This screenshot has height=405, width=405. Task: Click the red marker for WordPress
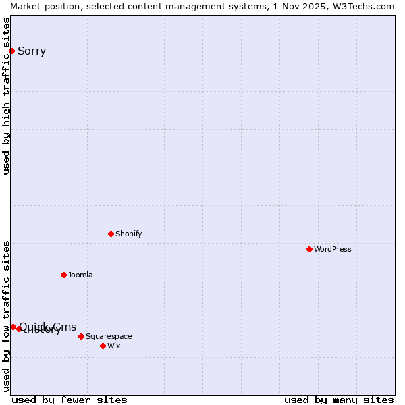coord(309,249)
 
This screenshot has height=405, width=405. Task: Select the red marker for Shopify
coord(111,234)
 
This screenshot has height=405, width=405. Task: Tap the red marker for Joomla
coord(63,275)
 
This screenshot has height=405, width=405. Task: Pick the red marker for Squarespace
coord(81,336)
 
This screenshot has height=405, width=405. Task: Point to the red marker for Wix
coord(103,346)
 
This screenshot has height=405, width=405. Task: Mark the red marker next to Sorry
coord(11,51)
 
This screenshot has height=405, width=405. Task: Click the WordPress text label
coord(333,249)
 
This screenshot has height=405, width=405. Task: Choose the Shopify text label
coord(128,234)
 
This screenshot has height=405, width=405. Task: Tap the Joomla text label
coord(80,275)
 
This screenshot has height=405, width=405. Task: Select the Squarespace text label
coord(109,336)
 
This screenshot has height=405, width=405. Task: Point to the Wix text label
coord(114,346)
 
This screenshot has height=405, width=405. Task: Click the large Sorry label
coord(32,51)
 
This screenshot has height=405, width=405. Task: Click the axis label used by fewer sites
coord(70,400)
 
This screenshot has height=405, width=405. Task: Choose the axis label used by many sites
coord(339,400)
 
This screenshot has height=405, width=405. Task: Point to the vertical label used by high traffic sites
coord(7,96)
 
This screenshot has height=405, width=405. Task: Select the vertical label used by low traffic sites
coord(7,316)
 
